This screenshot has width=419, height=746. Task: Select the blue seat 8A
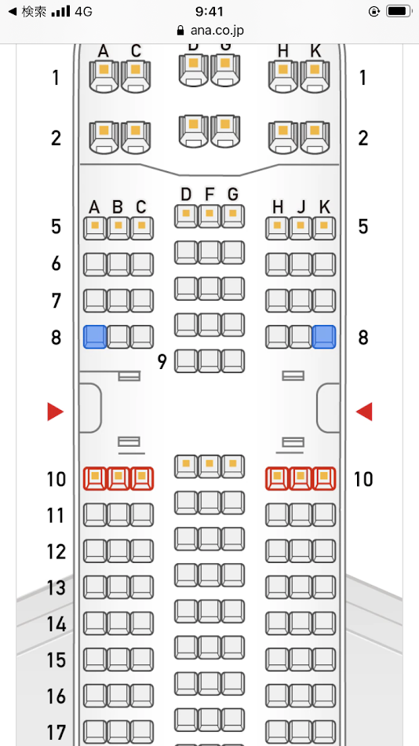(x=95, y=337)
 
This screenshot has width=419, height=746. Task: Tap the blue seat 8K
(x=324, y=337)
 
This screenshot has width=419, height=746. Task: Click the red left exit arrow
(x=55, y=411)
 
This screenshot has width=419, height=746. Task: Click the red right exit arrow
(x=364, y=411)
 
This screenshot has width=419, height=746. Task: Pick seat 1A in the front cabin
(x=104, y=76)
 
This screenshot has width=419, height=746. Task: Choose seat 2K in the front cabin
(x=315, y=137)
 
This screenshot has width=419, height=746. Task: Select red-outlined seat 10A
(x=95, y=479)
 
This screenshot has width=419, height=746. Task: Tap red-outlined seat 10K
(x=324, y=479)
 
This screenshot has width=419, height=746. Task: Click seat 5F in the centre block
(x=209, y=216)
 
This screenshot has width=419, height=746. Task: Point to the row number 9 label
(x=162, y=362)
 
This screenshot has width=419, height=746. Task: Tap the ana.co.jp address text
(x=217, y=31)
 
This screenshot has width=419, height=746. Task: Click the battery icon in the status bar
(x=398, y=12)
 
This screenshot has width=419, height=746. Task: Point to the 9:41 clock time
(x=209, y=11)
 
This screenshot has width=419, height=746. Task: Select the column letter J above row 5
(x=301, y=207)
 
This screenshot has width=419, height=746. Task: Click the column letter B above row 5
(x=118, y=207)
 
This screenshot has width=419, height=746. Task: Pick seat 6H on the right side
(x=277, y=265)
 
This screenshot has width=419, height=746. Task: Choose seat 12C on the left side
(x=142, y=551)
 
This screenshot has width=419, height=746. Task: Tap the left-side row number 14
(x=56, y=624)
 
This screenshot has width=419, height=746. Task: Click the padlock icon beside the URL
(x=180, y=31)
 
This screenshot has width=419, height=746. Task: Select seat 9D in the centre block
(x=186, y=361)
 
